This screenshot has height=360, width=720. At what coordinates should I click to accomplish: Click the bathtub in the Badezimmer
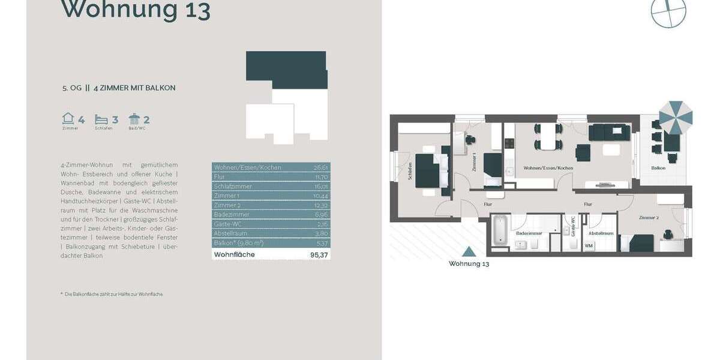pyautogui.click(x=500, y=230)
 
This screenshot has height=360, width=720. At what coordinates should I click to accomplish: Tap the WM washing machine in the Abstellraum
pyautogui.click(x=589, y=245)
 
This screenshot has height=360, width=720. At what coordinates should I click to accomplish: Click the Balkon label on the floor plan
pyautogui.click(x=658, y=168)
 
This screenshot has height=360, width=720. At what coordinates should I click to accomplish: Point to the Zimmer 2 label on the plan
pyautogui.click(x=648, y=217)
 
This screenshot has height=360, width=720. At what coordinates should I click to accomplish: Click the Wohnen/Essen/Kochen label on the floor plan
pyautogui.click(x=548, y=168)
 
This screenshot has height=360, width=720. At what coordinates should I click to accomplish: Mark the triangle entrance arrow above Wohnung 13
pyautogui.click(x=470, y=253)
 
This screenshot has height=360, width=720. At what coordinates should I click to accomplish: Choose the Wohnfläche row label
pyautogui.click(x=234, y=255)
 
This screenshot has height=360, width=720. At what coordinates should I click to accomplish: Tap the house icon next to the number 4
pyautogui.click(x=68, y=119)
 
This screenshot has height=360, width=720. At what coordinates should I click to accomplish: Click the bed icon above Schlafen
pyautogui.click(x=101, y=119)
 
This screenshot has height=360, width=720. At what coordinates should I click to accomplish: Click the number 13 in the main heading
pyautogui.click(x=193, y=10)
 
